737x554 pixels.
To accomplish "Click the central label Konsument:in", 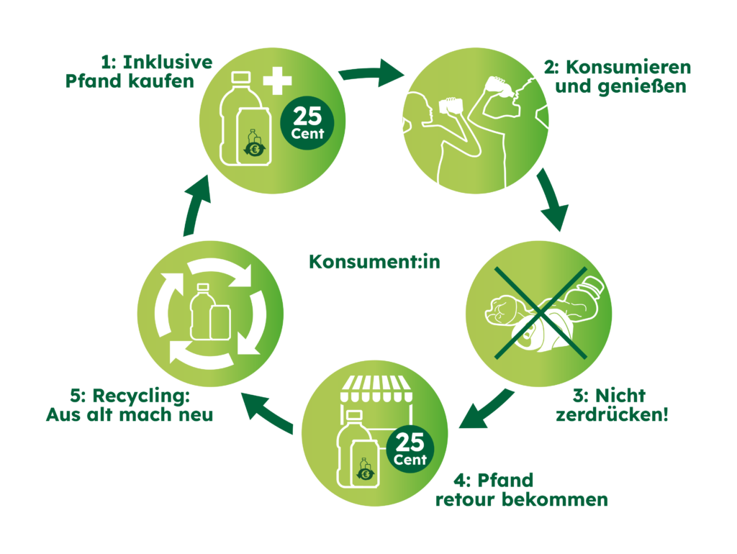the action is (x=374, y=262).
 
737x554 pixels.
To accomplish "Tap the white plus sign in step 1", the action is (x=277, y=81).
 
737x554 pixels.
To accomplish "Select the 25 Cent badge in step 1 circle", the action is (x=307, y=123).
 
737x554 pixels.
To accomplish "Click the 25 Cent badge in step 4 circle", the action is (x=410, y=449).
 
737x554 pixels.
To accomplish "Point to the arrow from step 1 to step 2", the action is (x=371, y=73).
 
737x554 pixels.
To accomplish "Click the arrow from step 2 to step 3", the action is (x=552, y=200).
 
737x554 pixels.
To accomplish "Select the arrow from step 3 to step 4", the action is (x=487, y=409).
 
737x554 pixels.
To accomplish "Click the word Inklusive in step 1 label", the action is (x=168, y=62).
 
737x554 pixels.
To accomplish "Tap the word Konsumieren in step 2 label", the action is (x=628, y=67).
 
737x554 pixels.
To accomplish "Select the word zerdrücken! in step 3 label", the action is (x=612, y=415).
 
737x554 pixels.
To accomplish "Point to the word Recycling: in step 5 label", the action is (x=141, y=396).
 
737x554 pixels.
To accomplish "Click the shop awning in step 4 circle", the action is (x=374, y=389).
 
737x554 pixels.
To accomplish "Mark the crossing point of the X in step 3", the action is (x=541, y=313).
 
